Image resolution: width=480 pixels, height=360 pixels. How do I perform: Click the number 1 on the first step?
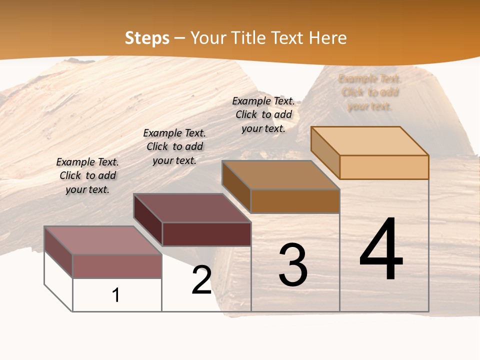(116, 295)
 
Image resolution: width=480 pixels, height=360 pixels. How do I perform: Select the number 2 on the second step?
(202, 280)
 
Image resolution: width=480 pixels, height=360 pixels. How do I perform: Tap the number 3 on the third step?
(293, 265)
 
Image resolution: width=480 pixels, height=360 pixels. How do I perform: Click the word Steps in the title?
(147, 38)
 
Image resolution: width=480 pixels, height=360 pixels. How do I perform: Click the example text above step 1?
(87, 176)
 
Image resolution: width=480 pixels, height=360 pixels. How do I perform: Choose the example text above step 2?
(174, 147)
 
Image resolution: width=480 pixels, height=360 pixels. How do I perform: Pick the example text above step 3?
(263, 115)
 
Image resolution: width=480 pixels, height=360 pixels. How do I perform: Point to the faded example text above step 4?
(370, 92)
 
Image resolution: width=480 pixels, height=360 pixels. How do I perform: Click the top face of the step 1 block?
(102, 240)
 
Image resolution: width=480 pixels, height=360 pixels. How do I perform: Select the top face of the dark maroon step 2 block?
(191, 208)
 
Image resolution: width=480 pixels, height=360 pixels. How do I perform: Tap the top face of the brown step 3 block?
(280, 175)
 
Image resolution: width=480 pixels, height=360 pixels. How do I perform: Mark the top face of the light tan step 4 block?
(369, 141)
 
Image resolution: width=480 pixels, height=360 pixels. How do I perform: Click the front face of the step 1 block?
(117, 266)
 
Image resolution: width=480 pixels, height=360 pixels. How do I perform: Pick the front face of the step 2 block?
(206, 234)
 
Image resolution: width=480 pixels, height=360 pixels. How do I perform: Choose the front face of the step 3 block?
(295, 201)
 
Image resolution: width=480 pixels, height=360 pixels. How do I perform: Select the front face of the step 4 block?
(384, 167)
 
